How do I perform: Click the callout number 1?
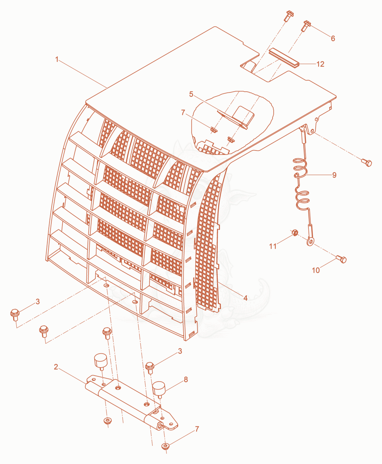57,59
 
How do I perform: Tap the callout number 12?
320,64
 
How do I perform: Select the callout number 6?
333,38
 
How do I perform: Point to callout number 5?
191,94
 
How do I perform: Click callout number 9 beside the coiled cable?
334,175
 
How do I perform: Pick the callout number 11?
273,246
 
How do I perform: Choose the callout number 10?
316,270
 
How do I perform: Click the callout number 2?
56,367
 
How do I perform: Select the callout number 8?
186,379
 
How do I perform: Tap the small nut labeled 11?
294,233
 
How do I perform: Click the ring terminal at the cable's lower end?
310,242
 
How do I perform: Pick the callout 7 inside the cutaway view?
183,113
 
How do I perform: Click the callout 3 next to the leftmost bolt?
38,301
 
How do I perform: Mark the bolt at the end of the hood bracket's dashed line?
367,163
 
